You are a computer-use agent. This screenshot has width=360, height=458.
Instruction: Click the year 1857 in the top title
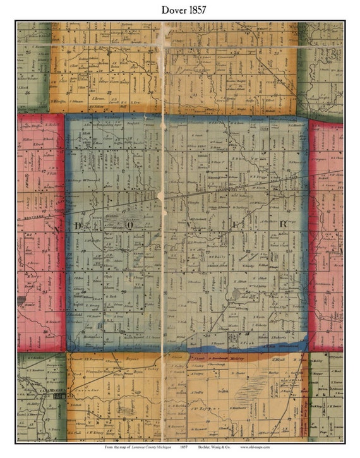pyautogui.click(x=195, y=10)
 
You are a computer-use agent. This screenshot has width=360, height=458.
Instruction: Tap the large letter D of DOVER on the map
pyautogui.click(x=78, y=226)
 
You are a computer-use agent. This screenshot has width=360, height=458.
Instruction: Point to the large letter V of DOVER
pyautogui.click(x=188, y=224)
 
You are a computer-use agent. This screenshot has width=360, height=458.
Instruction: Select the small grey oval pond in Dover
pyautogui.click(x=237, y=294)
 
